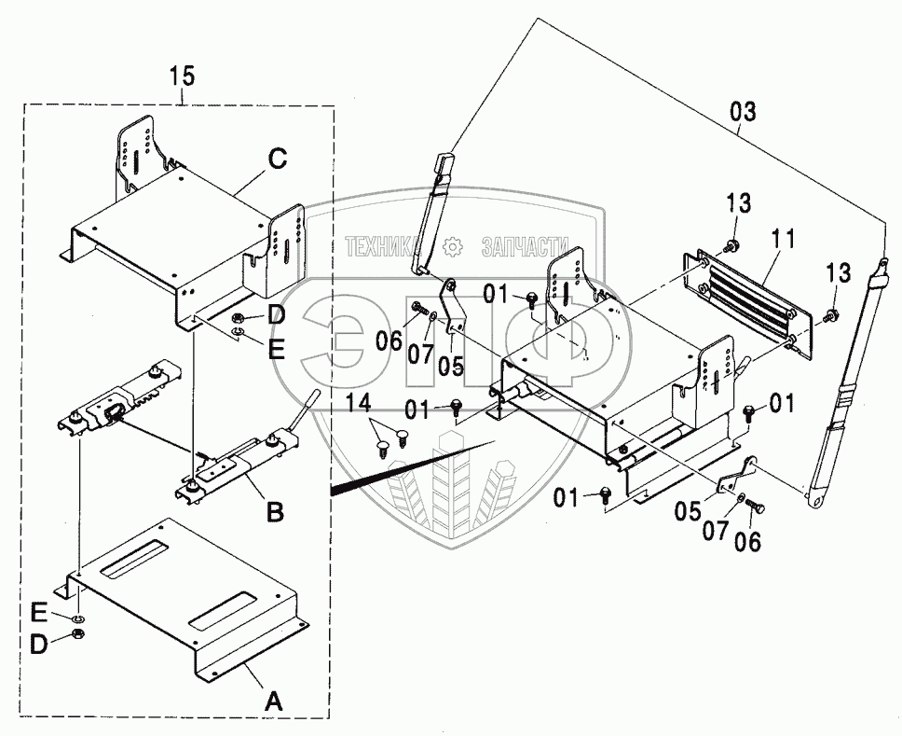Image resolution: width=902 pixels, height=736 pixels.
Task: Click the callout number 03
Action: click(x=744, y=113)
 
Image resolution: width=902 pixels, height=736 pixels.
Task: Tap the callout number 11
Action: click(x=783, y=240)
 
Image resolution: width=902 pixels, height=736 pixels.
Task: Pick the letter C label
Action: click(x=276, y=160)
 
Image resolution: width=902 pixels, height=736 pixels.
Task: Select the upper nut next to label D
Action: click(x=239, y=317)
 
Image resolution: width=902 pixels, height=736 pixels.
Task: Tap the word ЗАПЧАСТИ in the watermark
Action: click(x=524, y=246)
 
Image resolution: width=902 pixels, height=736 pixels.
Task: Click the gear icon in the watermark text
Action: click(x=454, y=246)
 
